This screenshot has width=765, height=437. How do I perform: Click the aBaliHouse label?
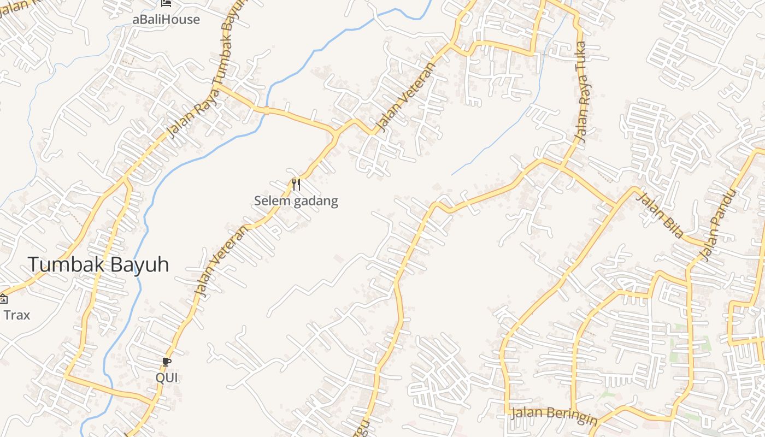click(166, 20)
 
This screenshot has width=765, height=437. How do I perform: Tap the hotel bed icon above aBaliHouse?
click(167, 3)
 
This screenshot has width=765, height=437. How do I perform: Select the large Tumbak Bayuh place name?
click(98, 265)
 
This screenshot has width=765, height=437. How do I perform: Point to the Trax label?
click(17, 315)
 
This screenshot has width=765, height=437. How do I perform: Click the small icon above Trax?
click(3, 298)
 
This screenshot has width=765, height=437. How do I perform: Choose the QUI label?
click(167, 378)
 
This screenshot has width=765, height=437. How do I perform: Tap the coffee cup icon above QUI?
click(167, 362)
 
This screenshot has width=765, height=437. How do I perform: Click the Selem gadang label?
click(296, 201)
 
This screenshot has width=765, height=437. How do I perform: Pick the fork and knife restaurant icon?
click(296, 185)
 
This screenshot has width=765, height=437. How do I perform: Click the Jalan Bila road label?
click(660, 215)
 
